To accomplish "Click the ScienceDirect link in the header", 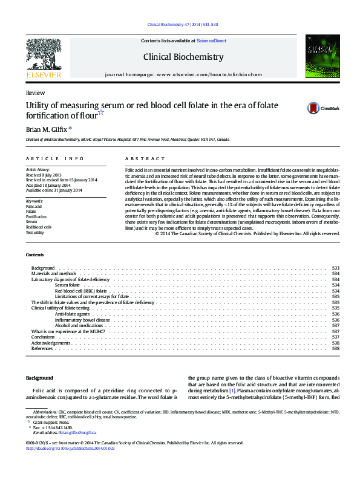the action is (x=211, y=41).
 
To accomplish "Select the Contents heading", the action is (x=35, y=254).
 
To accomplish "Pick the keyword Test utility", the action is (x=34, y=232).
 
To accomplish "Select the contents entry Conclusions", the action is (x=43, y=337).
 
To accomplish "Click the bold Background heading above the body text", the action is (x=39, y=378).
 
